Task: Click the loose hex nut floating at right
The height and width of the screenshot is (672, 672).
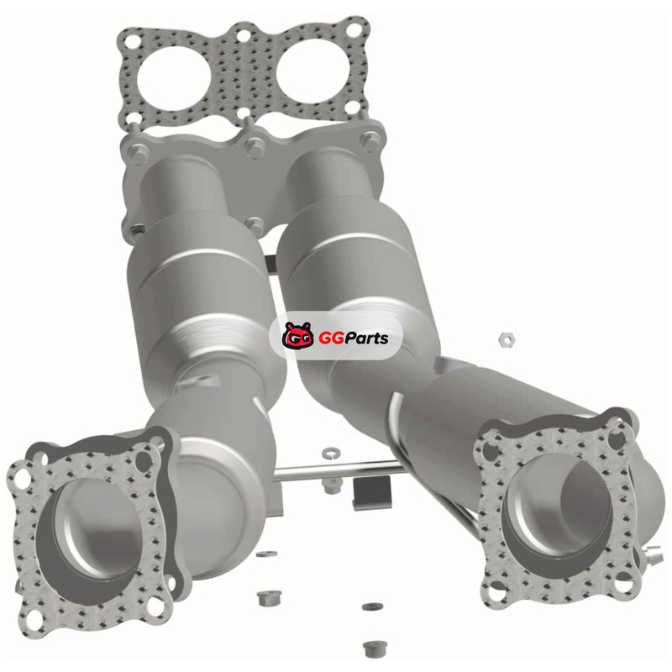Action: (x=507, y=340)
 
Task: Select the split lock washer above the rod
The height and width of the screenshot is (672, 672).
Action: (x=331, y=452)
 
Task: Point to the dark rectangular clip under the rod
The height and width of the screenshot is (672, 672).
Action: (x=372, y=492)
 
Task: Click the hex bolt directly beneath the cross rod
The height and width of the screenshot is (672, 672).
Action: (x=331, y=485)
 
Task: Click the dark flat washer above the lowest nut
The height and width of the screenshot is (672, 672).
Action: (x=372, y=606)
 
